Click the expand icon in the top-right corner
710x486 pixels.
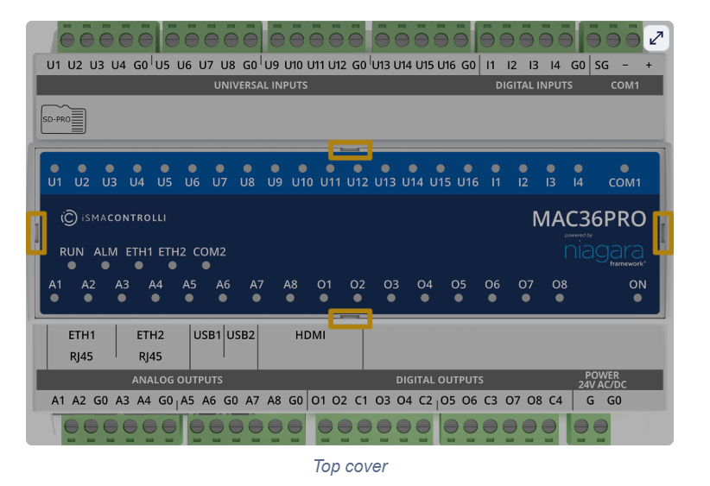pos(656,38)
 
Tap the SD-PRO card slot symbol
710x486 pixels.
pos(64,120)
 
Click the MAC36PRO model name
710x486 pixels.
pos(588,218)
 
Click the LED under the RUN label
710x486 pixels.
pos(73,266)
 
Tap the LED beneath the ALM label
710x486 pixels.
pos(105,266)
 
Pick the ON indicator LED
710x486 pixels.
pos(637,298)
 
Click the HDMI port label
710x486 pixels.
pos(310,335)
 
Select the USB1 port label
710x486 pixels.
pos(207,335)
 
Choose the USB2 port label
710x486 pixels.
pos(241,335)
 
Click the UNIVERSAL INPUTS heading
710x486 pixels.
pos(261,85)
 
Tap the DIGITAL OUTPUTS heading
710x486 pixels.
pos(440,380)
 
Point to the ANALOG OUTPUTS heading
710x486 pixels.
pos(177,380)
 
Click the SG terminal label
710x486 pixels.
pos(601,65)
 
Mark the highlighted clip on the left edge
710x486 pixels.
pos(36,232)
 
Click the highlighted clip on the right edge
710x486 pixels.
pos(662,232)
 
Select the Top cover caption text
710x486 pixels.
pos(350,467)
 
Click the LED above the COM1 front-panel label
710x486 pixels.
pos(624,168)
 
